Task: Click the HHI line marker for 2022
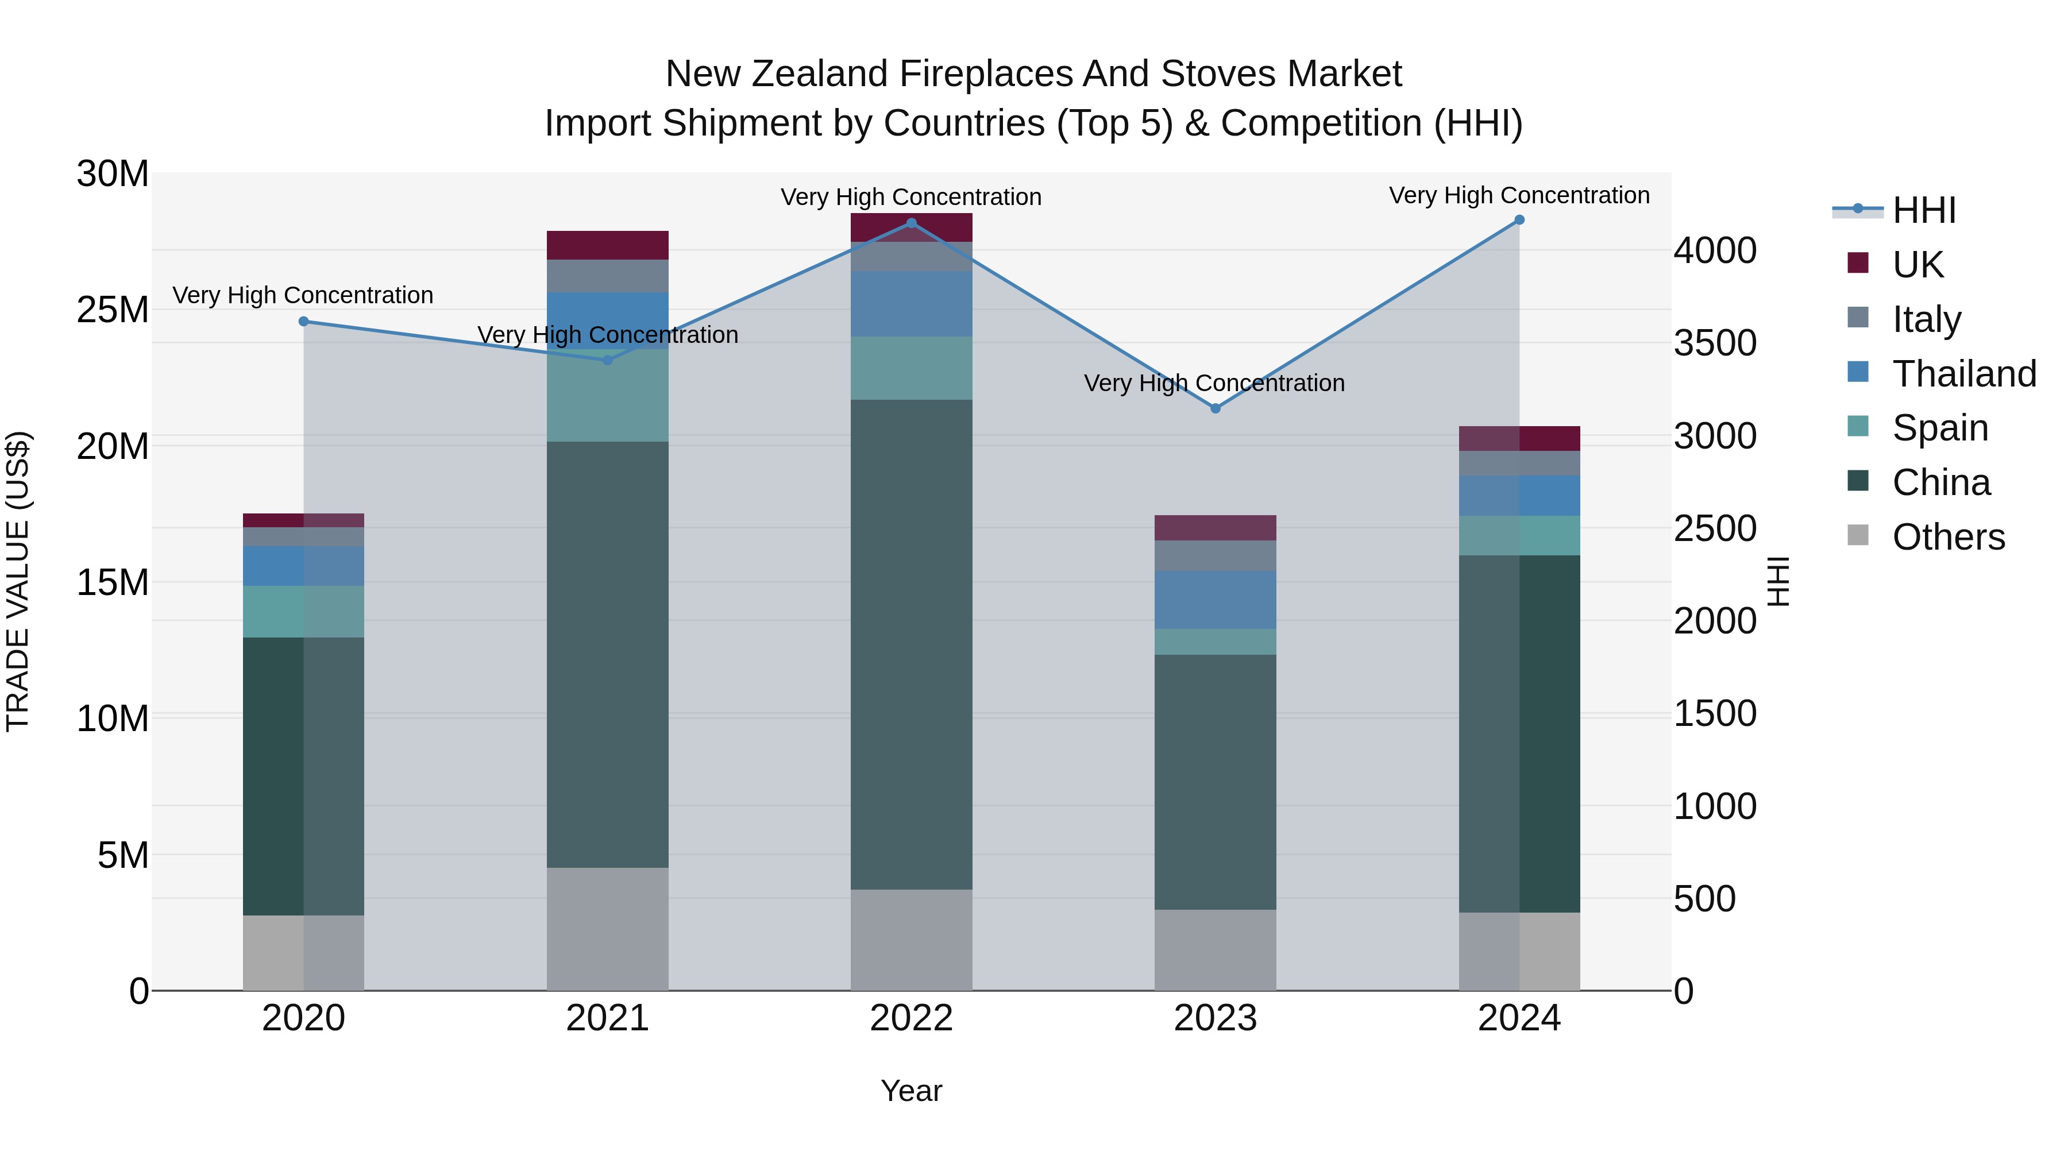[x=911, y=223]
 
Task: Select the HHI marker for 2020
[x=303, y=322]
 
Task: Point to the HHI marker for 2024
[x=1519, y=220]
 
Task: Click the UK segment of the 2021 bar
[x=607, y=245]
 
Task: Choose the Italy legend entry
[x=1926, y=319]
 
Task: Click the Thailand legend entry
[x=1963, y=373]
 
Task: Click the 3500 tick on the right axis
[x=1715, y=343]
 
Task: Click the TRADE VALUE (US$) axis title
[x=18, y=581]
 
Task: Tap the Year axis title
[x=911, y=1091]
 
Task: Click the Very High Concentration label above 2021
[x=607, y=335]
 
